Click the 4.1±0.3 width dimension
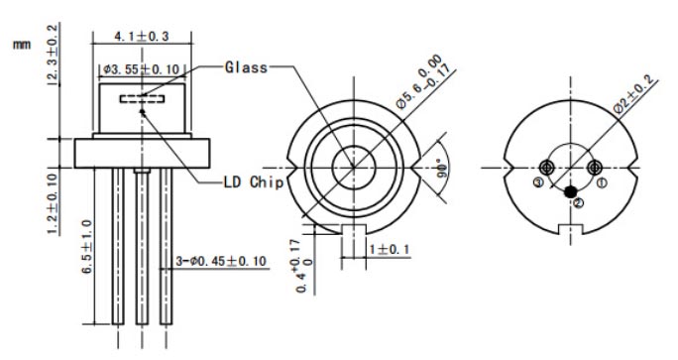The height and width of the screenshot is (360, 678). tap(142, 36)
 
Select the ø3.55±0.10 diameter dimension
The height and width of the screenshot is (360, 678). tap(141, 69)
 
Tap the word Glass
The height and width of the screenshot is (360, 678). tap(246, 67)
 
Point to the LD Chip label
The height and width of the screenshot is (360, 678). tap(254, 182)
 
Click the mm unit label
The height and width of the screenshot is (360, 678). tap(22, 45)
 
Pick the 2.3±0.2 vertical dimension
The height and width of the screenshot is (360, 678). tap(52, 53)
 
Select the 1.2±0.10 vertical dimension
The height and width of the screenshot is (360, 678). tap(53, 203)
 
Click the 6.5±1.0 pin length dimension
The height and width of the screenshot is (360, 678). tap(87, 246)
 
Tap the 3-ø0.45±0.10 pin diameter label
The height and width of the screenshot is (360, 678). tap(221, 262)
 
